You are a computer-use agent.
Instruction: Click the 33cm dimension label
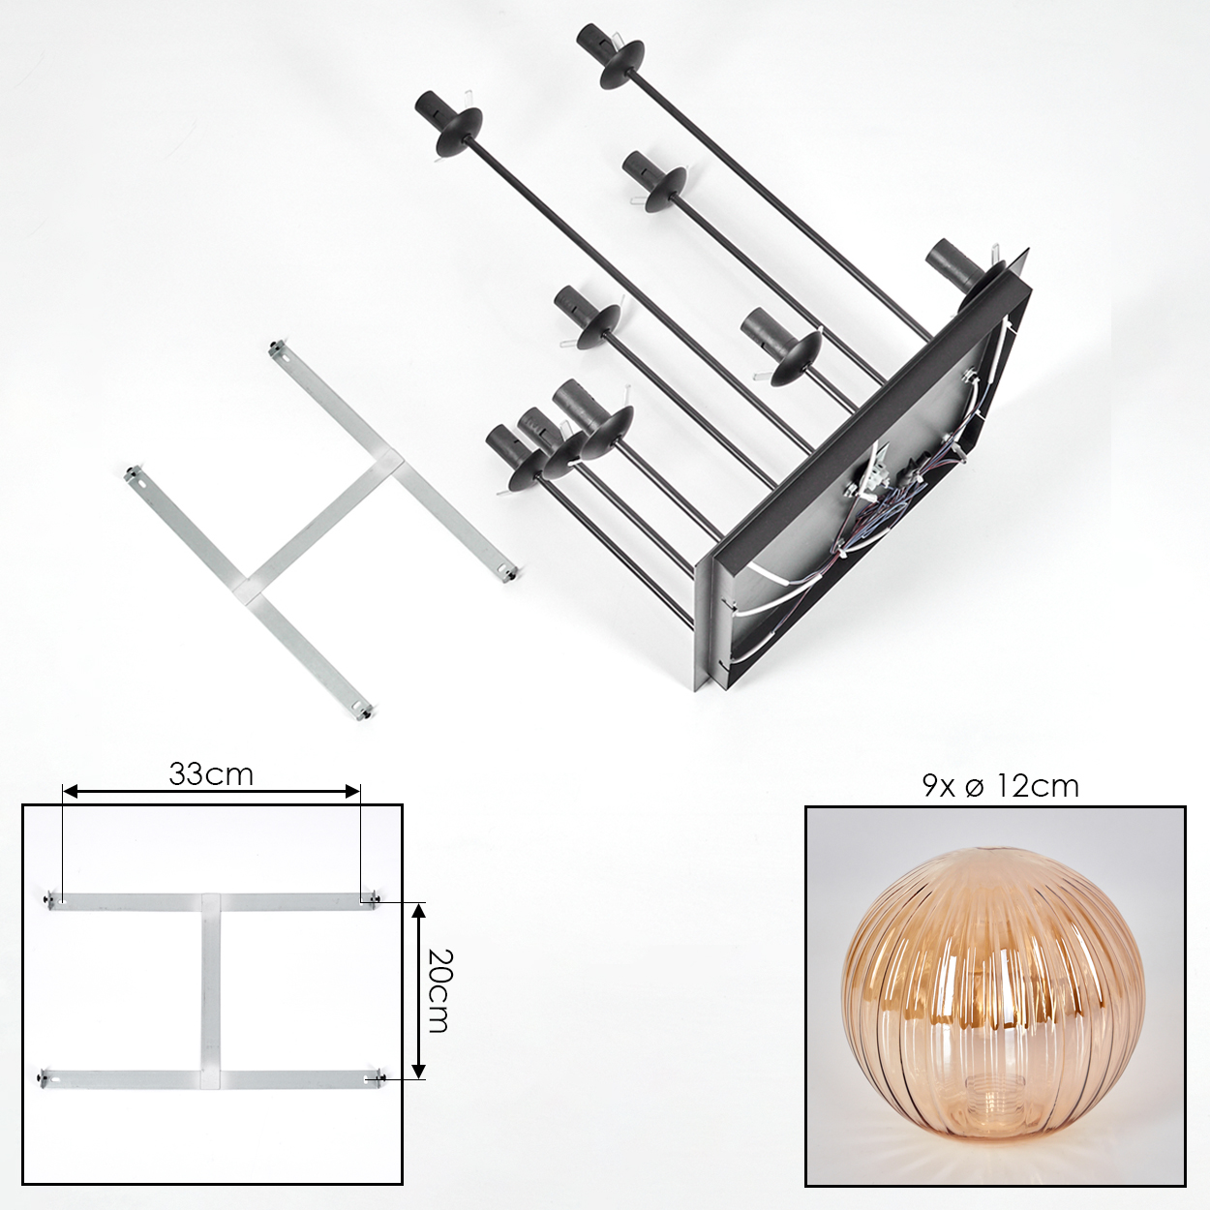[211, 774]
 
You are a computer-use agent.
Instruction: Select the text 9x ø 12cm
[1000, 785]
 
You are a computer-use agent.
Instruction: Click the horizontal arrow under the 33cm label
[212, 791]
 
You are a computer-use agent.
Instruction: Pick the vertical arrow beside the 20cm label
[419, 991]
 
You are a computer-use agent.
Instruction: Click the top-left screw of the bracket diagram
[49, 899]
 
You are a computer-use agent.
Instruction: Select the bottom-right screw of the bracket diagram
[378, 1078]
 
